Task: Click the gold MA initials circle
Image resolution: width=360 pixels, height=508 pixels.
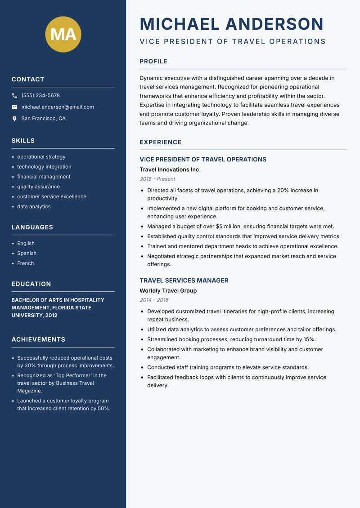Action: [x=63, y=34]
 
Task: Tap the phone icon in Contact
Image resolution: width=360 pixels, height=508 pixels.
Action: [x=14, y=96]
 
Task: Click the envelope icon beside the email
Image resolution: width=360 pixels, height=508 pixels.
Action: [x=14, y=107]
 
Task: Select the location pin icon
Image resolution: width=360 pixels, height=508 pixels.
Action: [x=14, y=119]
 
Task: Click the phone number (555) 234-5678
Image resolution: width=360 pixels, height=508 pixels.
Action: [x=40, y=96]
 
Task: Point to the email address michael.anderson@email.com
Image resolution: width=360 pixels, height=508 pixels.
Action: [x=58, y=107]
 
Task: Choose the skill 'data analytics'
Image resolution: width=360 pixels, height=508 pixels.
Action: [x=34, y=207]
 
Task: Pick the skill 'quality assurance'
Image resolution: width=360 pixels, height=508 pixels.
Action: [x=38, y=187]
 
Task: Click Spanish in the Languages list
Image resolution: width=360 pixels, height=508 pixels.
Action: [x=27, y=254]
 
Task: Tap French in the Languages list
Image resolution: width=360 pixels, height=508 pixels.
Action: [x=25, y=263]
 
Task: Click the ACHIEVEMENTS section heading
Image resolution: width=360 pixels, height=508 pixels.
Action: [x=38, y=339]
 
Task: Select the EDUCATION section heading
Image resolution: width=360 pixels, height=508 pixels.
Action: [x=31, y=284]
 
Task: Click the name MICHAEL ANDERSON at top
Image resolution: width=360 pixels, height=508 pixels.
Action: [x=232, y=24]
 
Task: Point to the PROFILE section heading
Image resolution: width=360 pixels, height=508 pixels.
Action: [x=153, y=62]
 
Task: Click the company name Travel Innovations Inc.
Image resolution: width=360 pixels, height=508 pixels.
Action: [x=170, y=169]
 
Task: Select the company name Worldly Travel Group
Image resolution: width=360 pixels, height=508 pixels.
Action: [x=168, y=290]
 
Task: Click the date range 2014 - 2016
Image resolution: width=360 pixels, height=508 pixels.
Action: [x=154, y=300]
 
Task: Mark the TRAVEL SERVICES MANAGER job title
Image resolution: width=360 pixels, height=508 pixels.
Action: [x=184, y=281]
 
